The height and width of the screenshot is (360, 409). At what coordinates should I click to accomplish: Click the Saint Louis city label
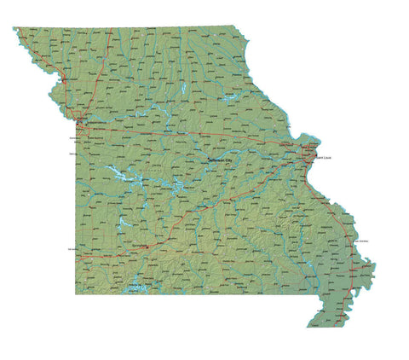point(325,158)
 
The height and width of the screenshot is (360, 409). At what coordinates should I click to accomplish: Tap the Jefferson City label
point(219,160)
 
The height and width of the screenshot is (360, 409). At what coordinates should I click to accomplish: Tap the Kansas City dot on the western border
point(78,124)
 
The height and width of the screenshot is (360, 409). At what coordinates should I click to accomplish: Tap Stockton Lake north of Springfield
point(119,224)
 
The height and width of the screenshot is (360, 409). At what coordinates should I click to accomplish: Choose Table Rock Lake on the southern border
point(136,288)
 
